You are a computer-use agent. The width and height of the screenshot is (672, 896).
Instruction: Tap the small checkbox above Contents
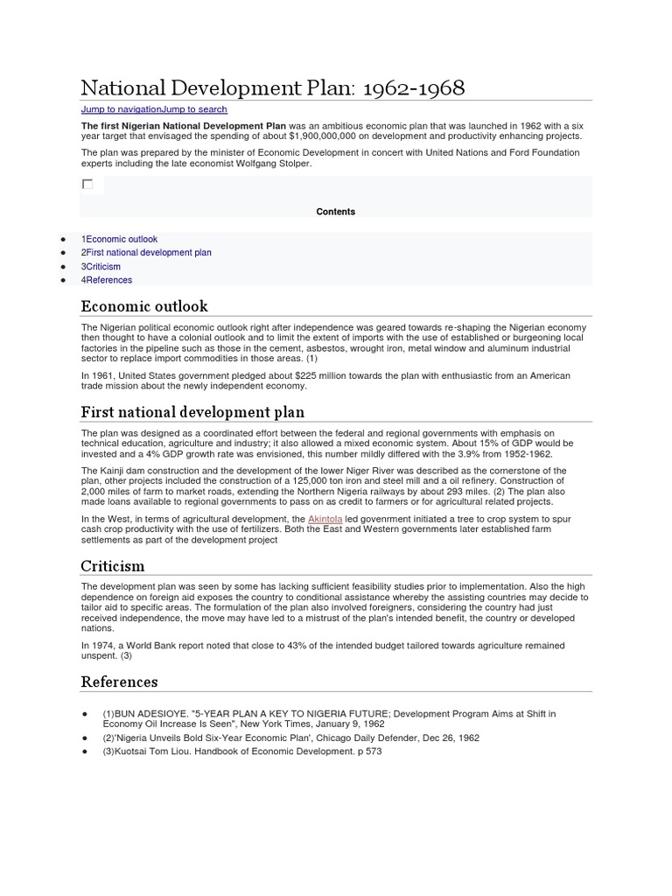pyautogui.click(x=87, y=184)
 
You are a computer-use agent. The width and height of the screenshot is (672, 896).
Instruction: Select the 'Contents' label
pyautogui.click(x=336, y=212)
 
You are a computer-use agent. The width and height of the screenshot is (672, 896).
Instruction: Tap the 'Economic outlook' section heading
pyautogui.click(x=144, y=306)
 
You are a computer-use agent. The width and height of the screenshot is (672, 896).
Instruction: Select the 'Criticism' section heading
pyautogui.click(x=113, y=566)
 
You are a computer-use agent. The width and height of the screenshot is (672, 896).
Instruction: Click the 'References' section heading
pyautogui.click(x=119, y=682)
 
